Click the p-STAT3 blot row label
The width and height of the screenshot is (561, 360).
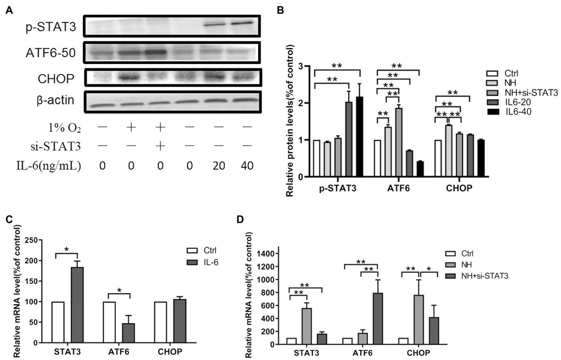coord(51,27)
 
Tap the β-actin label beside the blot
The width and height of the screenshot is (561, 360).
coord(56,100)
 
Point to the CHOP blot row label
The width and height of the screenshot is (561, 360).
coord(56,79)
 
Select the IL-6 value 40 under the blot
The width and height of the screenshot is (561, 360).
coord(247,166)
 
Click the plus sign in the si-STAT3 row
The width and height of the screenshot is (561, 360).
coord(160,146)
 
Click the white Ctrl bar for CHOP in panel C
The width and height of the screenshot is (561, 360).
coord(160,322)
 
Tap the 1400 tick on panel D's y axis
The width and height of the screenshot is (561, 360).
coord(269,254)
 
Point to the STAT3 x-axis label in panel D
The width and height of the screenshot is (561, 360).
coord(306,353)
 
